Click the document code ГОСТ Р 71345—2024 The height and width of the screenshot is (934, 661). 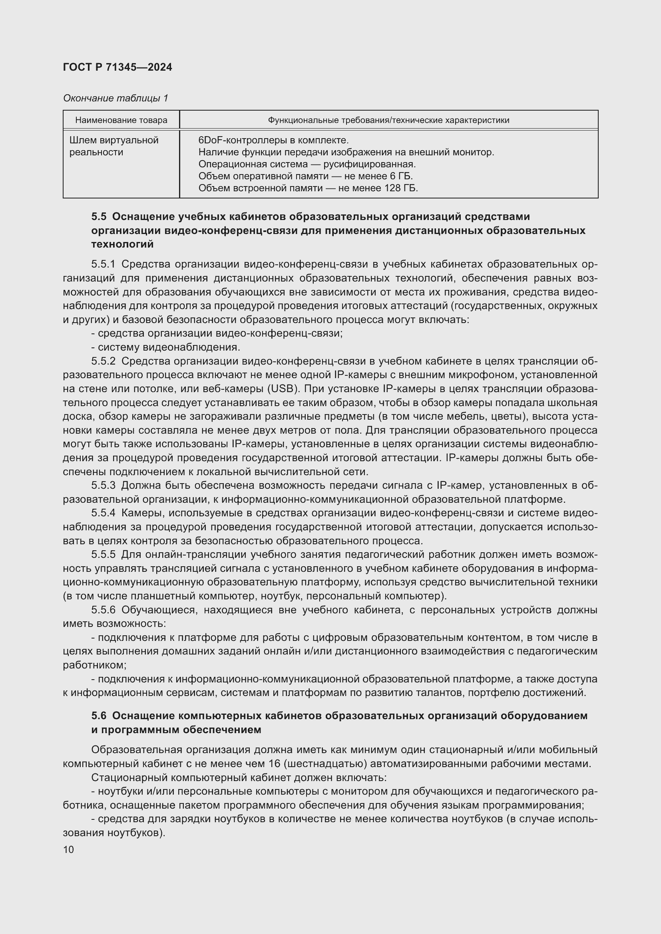117,67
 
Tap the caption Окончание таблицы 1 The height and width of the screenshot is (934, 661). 115,98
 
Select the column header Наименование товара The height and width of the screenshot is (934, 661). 121,120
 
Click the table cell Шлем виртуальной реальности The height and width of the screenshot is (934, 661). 113,146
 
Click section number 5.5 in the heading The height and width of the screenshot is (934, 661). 98,216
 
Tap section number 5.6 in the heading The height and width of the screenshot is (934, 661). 98,716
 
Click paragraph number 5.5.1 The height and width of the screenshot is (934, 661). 104,264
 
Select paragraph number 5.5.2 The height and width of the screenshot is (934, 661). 104,361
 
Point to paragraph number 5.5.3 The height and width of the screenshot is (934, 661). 104,485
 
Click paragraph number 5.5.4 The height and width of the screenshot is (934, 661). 104,513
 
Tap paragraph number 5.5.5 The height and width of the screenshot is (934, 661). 104,555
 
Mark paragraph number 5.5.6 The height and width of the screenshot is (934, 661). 104,610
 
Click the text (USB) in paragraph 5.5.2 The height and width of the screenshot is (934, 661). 283,389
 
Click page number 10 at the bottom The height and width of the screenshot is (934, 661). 69,849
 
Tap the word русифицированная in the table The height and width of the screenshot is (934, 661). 369,165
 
